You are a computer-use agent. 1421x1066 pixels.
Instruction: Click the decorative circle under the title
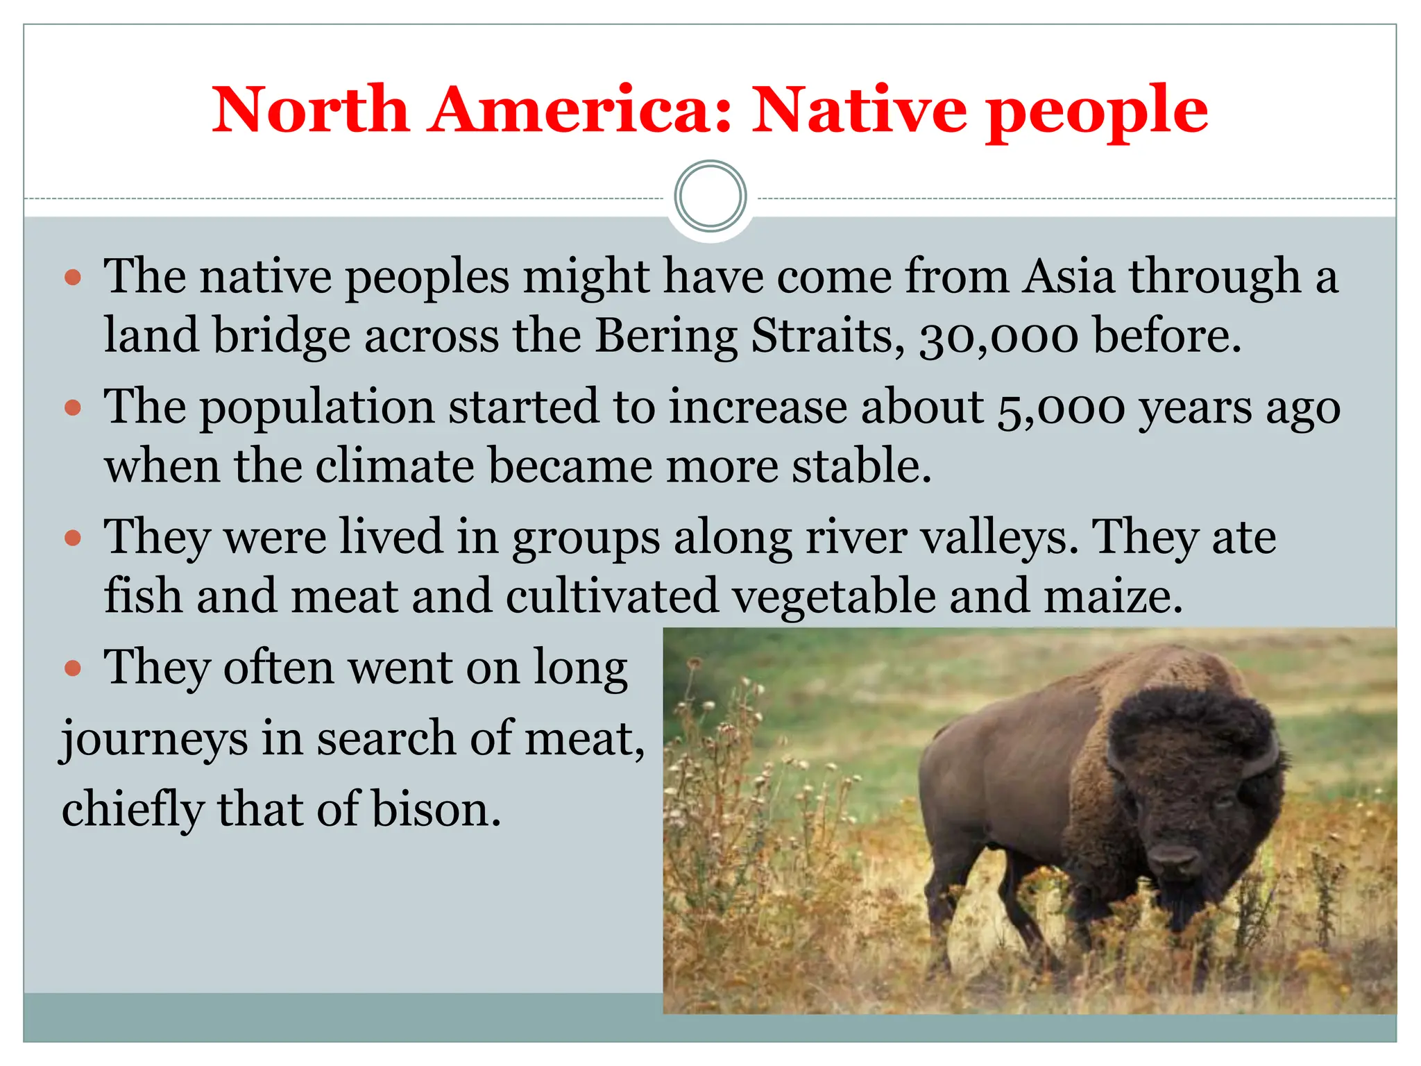710,196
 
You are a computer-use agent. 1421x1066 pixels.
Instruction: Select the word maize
1113,598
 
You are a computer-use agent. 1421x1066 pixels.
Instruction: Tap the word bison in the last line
435,811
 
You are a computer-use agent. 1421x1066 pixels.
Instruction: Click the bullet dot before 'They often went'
73,669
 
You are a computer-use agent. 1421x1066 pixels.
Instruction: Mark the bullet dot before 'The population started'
73,407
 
